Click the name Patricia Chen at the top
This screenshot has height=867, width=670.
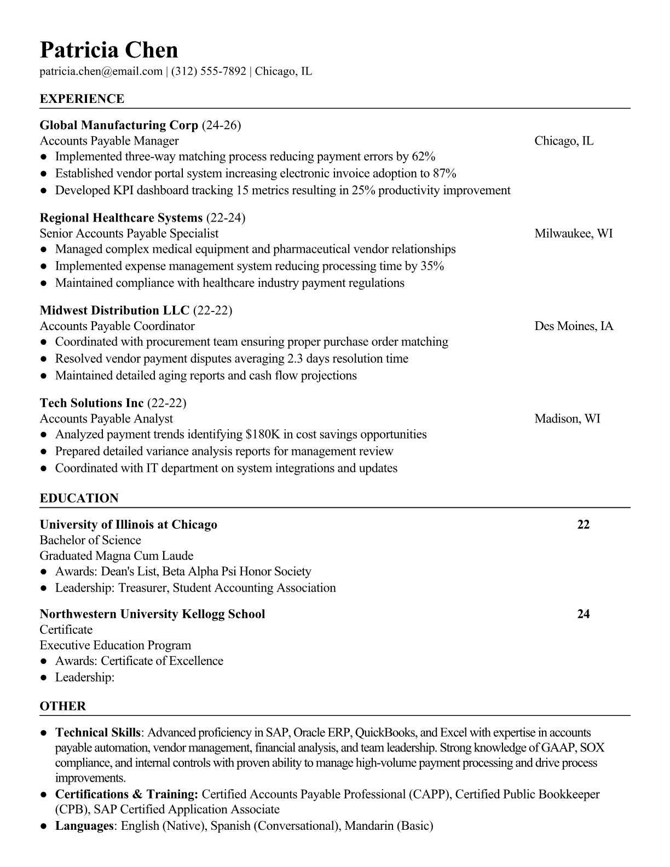point(109,50)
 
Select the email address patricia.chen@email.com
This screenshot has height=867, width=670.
point(101,71)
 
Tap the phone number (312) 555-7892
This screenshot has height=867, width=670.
point(209,71)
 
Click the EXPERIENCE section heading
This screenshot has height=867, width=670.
point(82,99)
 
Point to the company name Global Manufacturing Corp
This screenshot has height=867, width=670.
point(119,125)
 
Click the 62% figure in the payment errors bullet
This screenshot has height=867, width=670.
point(423,157)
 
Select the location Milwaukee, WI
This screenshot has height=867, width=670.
point(574,234)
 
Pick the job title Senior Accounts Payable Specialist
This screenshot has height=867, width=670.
point(129,234)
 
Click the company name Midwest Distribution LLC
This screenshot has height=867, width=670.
point(114,311)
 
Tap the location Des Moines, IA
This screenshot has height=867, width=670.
point(574,326)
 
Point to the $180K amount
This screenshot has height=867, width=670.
point(263,435)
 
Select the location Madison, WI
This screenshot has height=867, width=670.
point(567,419)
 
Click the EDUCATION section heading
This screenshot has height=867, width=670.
point(79,499)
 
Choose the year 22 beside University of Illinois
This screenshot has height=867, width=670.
point(584,525)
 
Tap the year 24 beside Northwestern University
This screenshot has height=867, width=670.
point(584,614)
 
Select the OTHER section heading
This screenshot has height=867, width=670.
point(63,706)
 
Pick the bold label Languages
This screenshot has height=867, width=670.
point(84,826)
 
